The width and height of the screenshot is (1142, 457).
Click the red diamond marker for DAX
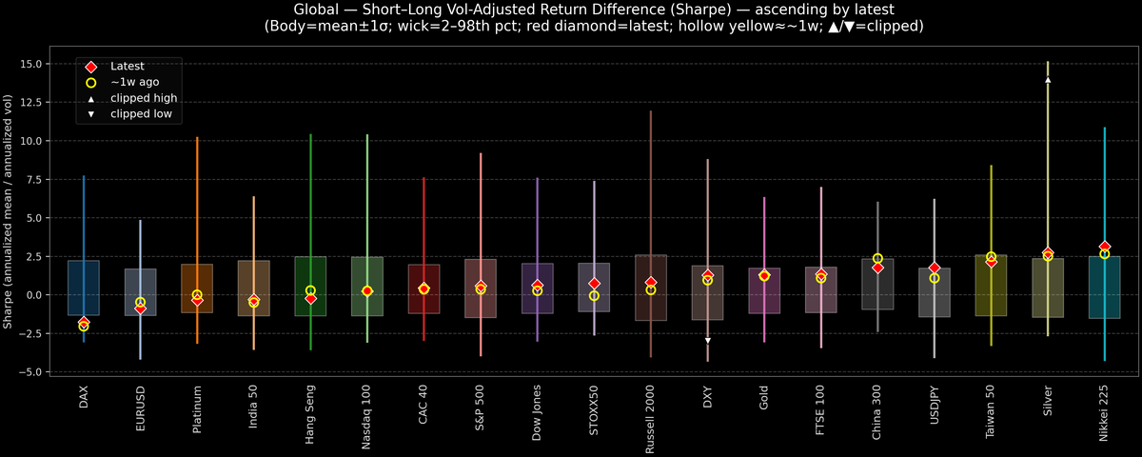click(x=84, y=322)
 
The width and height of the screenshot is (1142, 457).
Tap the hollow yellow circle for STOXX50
click(x=594, y=296)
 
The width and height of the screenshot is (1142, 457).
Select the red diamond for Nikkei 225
click(x=1104, y=247)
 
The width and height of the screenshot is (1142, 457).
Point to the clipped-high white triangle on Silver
click(x=1048, y=80)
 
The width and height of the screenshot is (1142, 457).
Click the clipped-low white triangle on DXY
click(x=707, y=340)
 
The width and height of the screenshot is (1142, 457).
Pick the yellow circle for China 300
click(x=877, y=259)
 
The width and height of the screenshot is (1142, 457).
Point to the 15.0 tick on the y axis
click(x=38, y=64)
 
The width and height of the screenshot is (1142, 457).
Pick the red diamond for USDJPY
click(x=935, y=268)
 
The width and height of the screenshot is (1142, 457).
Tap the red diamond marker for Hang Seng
click(x=310, y=299)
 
